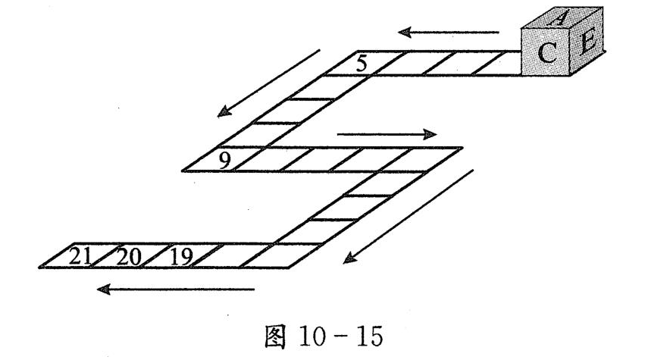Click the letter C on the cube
coord(547,53)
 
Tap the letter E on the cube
coord(587,43)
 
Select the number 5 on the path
coord(362,64)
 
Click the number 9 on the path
coord(224,161)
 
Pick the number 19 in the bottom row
coord(181,257)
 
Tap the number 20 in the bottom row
coord(129,257)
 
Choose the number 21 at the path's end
coord(80,257)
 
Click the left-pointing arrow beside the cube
coord(449,32)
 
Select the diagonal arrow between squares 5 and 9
coord(268,83)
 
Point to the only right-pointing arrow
coord(387,134)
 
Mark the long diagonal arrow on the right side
coord(409,217)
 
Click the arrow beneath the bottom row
coord(175,289)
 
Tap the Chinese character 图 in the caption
coord(275,337)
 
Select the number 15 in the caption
coord(370,336)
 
